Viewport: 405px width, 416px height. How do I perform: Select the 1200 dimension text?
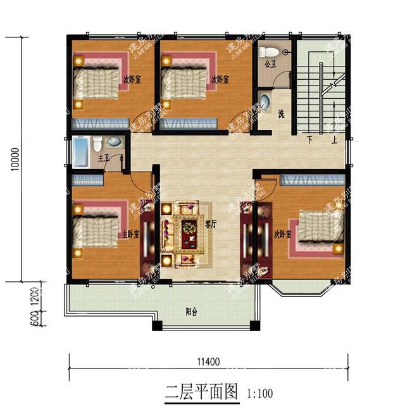35,294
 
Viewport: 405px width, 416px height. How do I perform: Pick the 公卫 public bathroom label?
271,64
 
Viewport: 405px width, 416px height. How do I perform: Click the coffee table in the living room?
189,233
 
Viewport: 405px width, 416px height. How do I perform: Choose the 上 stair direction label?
334,140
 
